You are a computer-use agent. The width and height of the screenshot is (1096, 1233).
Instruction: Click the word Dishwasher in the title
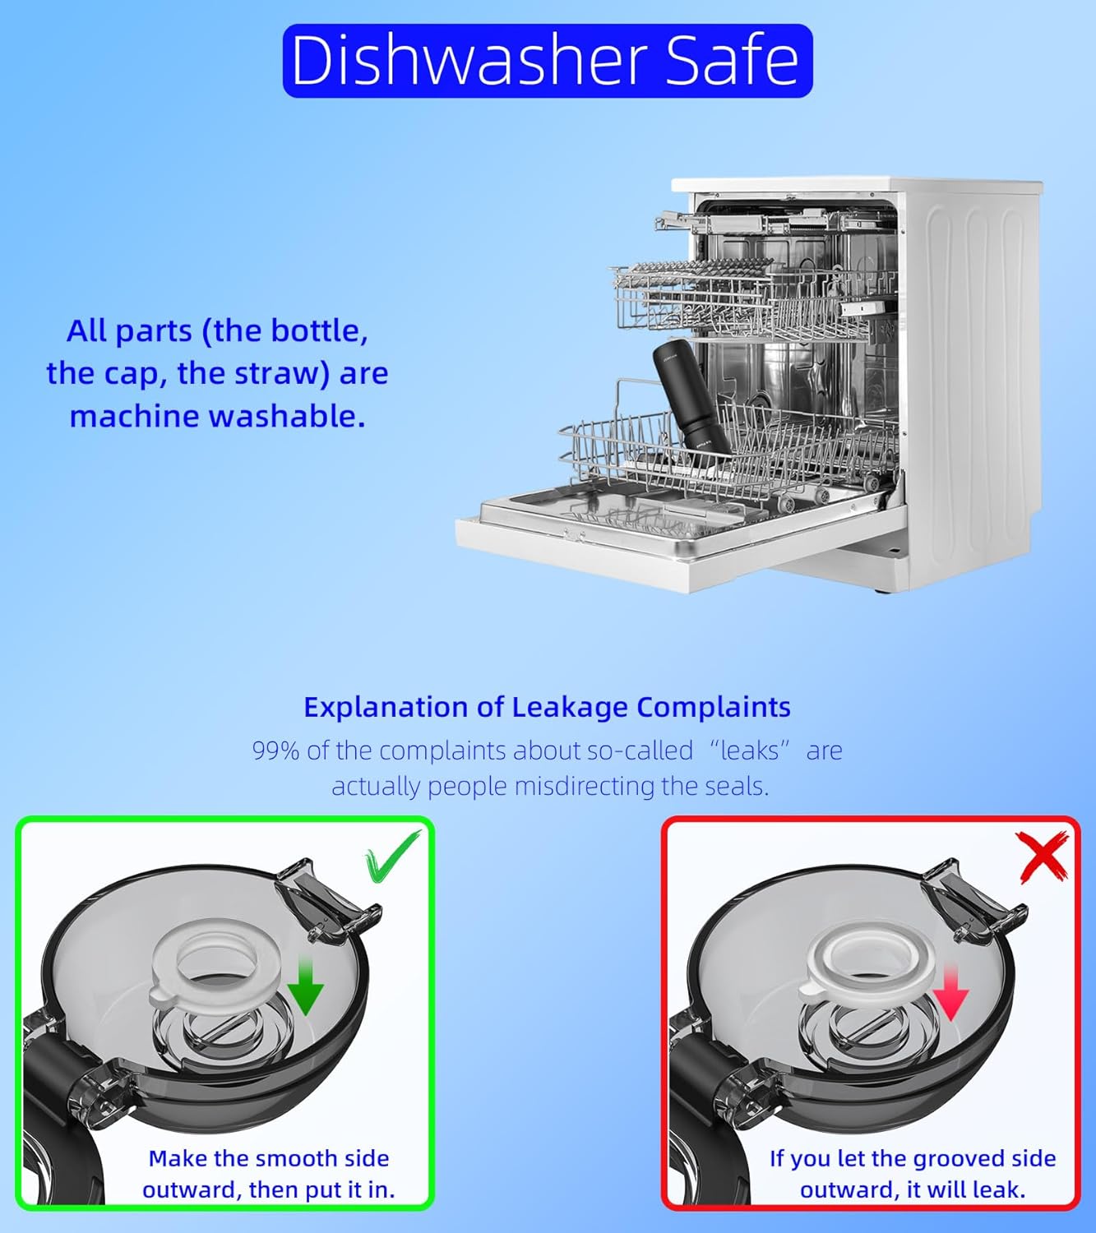(468, 60)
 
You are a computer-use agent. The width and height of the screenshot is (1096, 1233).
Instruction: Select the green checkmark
(392, 855)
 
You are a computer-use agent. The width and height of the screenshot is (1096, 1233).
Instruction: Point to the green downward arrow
(306, 985)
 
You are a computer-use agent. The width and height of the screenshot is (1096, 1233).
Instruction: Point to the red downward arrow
(950, 993)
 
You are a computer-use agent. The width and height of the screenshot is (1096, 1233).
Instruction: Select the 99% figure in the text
(275, 751)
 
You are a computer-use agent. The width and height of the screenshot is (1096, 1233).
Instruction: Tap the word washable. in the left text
(287, 416)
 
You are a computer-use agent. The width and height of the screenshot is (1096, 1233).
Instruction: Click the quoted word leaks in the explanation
(750, 751)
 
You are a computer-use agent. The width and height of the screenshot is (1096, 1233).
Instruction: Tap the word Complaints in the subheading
(714, 708)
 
